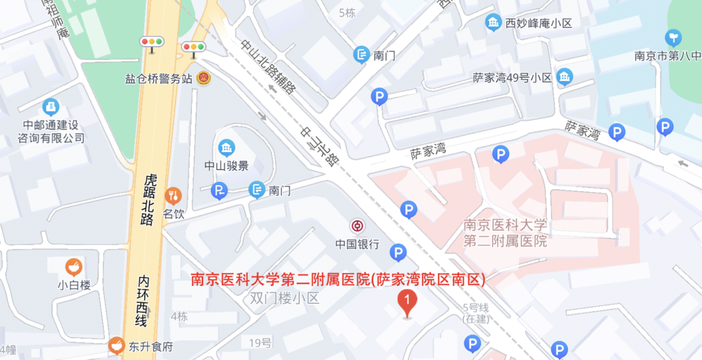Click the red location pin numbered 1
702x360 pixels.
click(x=407, y=303)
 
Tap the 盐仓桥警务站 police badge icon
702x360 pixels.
click(x=203, y=77)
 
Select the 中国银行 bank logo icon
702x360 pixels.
click(x=357, y=226)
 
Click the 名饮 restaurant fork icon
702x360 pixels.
click(x=173, y=194)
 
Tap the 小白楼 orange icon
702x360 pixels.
click(x=73, y=266)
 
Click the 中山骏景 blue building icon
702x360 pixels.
click(x=226, y=148)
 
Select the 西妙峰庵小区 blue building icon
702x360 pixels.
click(x=494, y=23)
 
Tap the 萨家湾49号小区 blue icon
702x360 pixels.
click(x=564, y=77)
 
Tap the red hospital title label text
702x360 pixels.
click(x=338, y=280)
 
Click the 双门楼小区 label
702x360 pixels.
click(x=285, y=299)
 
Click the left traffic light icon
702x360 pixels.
click(x=152, y=42)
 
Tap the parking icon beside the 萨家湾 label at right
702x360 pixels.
click(x=616, y=133)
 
